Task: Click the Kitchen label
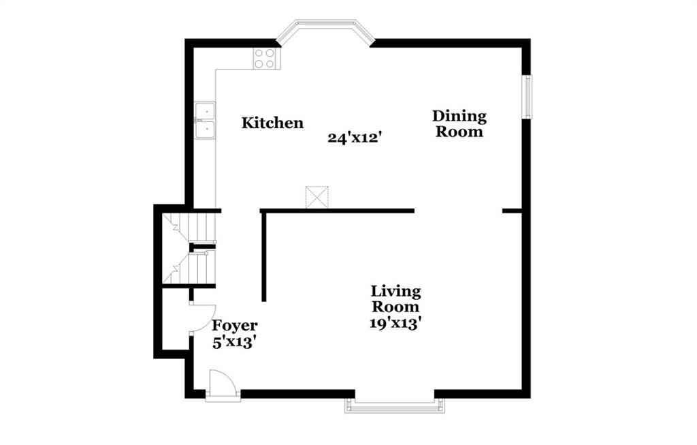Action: [x=272, y=123]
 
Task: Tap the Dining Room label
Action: [x=459, y=124]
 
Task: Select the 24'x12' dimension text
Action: [x=355, y=138]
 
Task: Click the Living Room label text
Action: [x=395, y=299]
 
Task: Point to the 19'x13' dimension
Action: [x=395, y=323]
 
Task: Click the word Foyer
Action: [x=234, y=326]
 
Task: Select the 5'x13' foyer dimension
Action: [x=234, y=342]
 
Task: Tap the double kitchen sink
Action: [x=205, y=120]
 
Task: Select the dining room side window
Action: [x=528, y=97]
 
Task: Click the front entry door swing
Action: [x=223, y=385]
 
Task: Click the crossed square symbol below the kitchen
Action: [x=317, y=197]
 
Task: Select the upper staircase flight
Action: [x=189, y=228]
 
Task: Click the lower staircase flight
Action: [x=189, y=267]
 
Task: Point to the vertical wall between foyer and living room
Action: [x=263, y=257]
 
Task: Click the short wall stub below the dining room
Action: [x=512, y=211]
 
